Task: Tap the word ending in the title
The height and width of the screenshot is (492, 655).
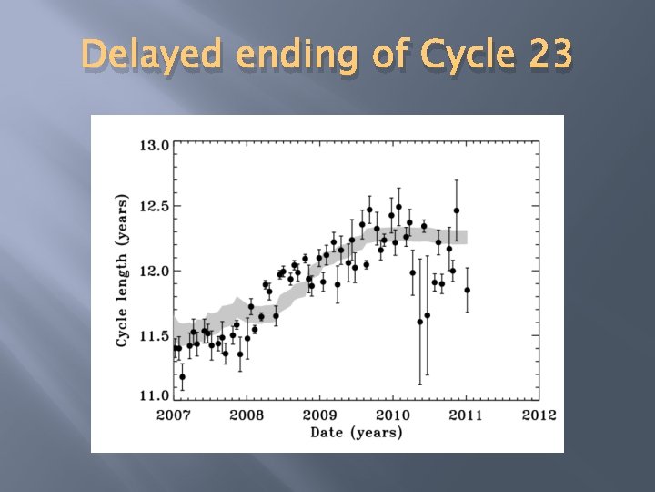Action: coord(289,57)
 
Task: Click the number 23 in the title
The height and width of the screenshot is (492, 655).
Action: coord(548,56)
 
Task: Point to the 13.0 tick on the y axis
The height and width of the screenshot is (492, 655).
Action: coord(153,144)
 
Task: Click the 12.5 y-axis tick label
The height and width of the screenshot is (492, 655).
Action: coord(153,207)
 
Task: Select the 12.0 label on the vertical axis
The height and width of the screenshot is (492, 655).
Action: coord(153,271)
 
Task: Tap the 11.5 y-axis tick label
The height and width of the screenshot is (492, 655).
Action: coord(153,335)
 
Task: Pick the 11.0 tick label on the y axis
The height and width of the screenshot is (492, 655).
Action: coord(153,395)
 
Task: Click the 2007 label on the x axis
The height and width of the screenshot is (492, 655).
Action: coord(174,415)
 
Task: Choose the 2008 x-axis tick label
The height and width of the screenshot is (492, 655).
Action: coord(247,415)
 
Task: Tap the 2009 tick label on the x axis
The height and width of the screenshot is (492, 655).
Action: coord(319,415)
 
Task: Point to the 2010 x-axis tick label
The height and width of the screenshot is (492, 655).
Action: coord(392,415)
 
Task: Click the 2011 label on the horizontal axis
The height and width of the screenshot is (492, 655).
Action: coord(465,415)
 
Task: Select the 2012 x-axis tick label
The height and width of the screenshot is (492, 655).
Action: coord(539,415)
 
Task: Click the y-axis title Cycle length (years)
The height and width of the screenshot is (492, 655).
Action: coord(122,270)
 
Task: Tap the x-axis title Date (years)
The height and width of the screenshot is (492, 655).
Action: coord(356,432)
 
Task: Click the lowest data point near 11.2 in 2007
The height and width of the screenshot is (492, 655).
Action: coord(182,376)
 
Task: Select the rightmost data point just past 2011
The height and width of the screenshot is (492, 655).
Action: coord(467,290)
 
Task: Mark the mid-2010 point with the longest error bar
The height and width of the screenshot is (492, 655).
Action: coord(419,322)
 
